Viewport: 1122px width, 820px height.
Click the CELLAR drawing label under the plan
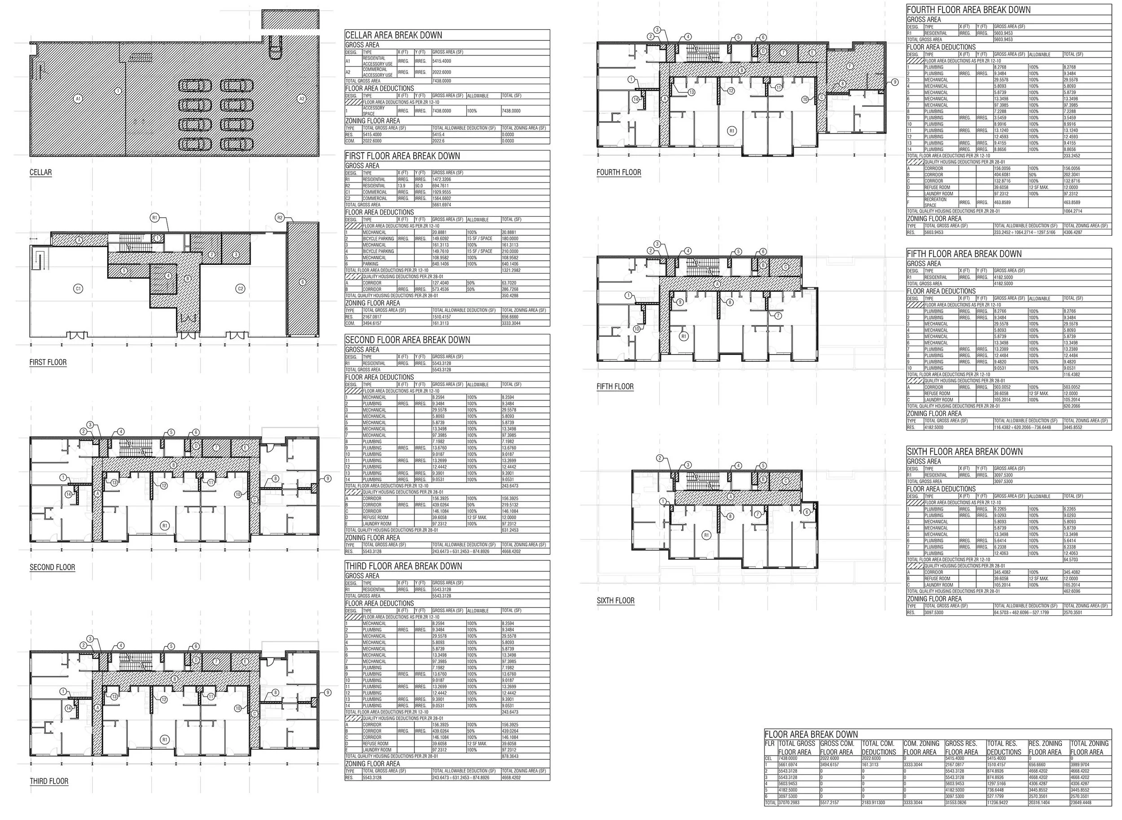(41, 172)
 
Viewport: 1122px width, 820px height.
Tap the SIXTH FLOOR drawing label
(615, 601)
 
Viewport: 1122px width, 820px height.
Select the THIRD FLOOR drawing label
(49, 781)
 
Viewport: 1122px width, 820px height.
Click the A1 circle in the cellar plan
(78, 99)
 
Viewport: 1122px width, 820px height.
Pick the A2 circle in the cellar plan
(301, 99)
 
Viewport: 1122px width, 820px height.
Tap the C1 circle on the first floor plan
(78, 289)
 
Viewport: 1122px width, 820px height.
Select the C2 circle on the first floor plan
(240, 289)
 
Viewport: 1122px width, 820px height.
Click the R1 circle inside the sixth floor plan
(706, 535)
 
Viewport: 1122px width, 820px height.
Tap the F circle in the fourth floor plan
(850, 66)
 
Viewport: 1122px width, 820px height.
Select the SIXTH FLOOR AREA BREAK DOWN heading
(964, 452)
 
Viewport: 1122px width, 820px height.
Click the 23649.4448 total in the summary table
(1087, 816)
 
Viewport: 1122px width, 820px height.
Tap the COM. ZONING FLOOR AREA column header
(921, 748)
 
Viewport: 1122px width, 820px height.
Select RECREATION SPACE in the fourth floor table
(935, 202)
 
